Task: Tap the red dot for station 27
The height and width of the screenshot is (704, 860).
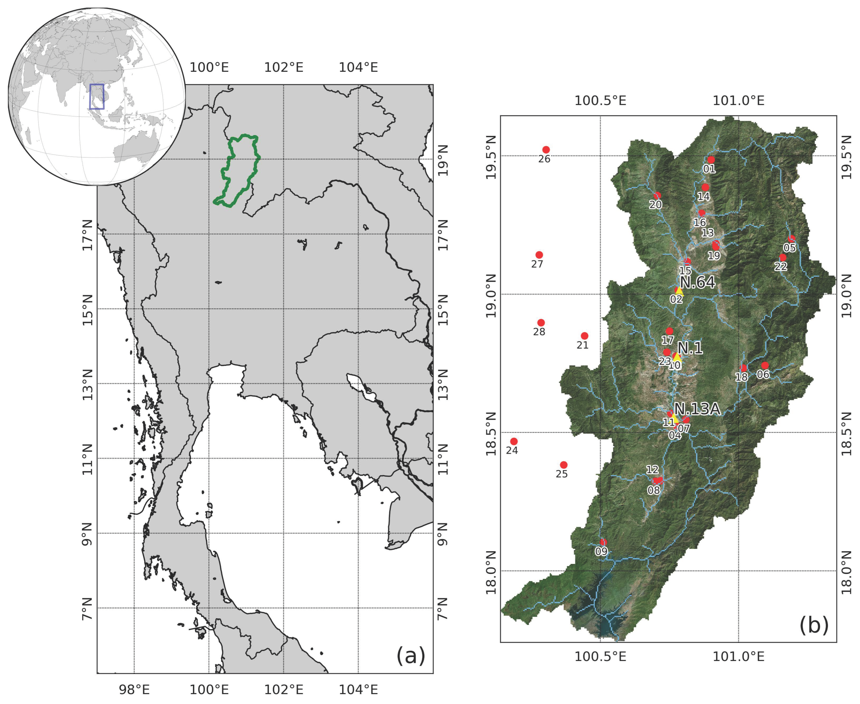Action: pyautogui.click(x=539, y=255)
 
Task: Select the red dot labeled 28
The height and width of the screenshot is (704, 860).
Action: pyautogui.click(x=541, y=322)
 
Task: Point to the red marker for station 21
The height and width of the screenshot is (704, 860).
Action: pyautogui.click(x=584, y=336)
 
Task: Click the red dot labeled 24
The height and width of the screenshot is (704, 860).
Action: pyautogui.click(x=514, y=441)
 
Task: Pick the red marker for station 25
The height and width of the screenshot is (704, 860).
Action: pyautogui.click(x=564, y=465)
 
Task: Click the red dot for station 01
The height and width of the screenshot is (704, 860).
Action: pyautogui.click(x=711, y=160)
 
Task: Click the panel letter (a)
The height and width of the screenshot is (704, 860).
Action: pyautogui.click(x=410, y=656)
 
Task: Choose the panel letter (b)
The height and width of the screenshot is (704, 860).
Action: pyautogui.click(x=813, y=625)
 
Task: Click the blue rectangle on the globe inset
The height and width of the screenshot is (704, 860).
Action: pyautogui.click(x=97, y=96)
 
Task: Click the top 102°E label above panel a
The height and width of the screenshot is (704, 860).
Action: pyautogui.click(x=284, y=67)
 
